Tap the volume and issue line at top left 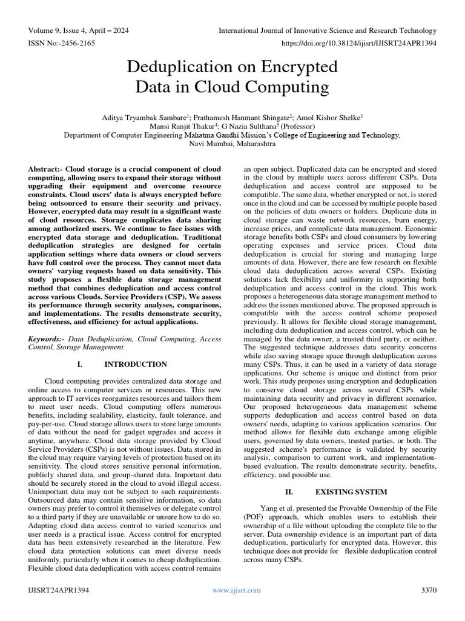[78, 31]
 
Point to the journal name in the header [327, 31]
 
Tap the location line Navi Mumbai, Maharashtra [232, 145]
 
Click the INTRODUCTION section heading [136, 364]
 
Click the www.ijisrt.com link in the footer [233, 590]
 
